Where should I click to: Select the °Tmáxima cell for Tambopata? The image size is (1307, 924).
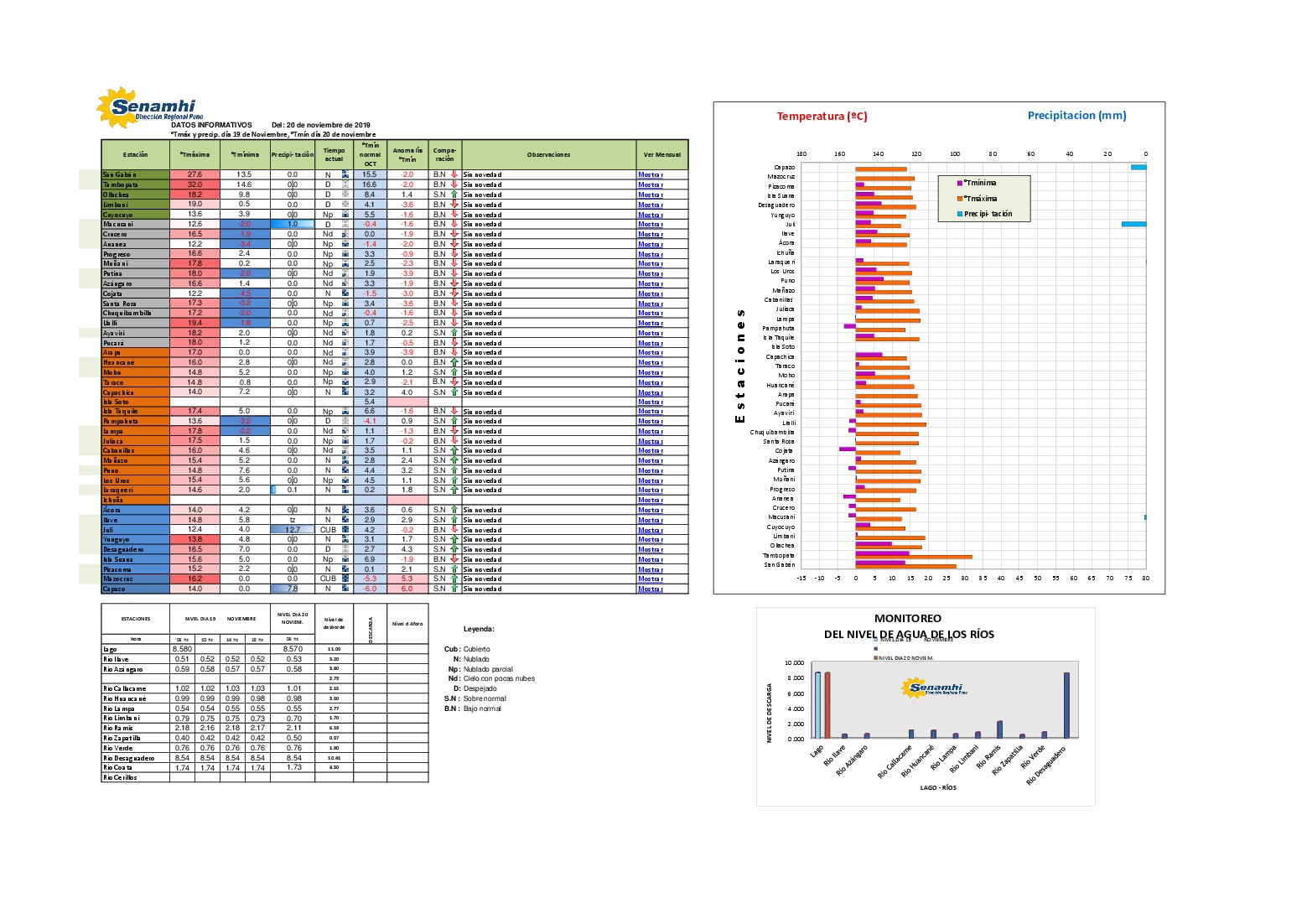tap(194, 184)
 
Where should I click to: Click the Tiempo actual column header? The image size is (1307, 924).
tap(334, 155)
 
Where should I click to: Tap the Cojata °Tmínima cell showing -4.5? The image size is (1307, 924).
tap(245, 293)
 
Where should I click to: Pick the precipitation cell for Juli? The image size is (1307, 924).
tap(293, 530)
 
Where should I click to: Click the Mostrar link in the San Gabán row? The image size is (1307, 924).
tap(650, 174)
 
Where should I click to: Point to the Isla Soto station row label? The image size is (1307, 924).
tap(117, 402)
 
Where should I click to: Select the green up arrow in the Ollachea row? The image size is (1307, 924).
tap(454, 195)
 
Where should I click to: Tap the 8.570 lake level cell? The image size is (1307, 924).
tap(293, 649)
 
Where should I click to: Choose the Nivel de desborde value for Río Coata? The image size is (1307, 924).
tap(334, 767)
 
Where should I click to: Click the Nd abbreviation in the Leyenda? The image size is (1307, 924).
tap(454, 678)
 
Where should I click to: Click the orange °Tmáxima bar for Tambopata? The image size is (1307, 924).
tap(913, 556)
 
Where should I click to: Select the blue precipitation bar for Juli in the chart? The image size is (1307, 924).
tap(1133, 224)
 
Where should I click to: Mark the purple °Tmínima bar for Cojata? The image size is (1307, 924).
tap(847, 449)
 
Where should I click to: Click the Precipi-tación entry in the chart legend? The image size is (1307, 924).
tap(988, 214)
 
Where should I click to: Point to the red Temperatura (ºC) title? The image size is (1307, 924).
tap(822, 117)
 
